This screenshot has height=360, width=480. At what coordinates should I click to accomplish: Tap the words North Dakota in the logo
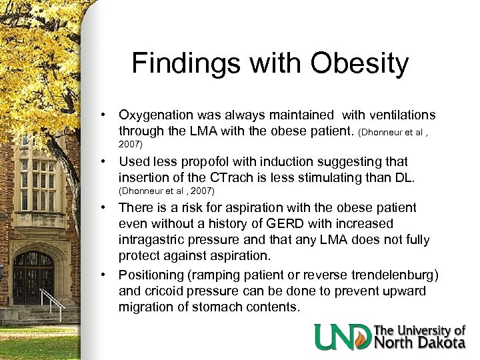[420, 343]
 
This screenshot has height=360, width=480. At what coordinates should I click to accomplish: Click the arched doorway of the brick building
[33, 274]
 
